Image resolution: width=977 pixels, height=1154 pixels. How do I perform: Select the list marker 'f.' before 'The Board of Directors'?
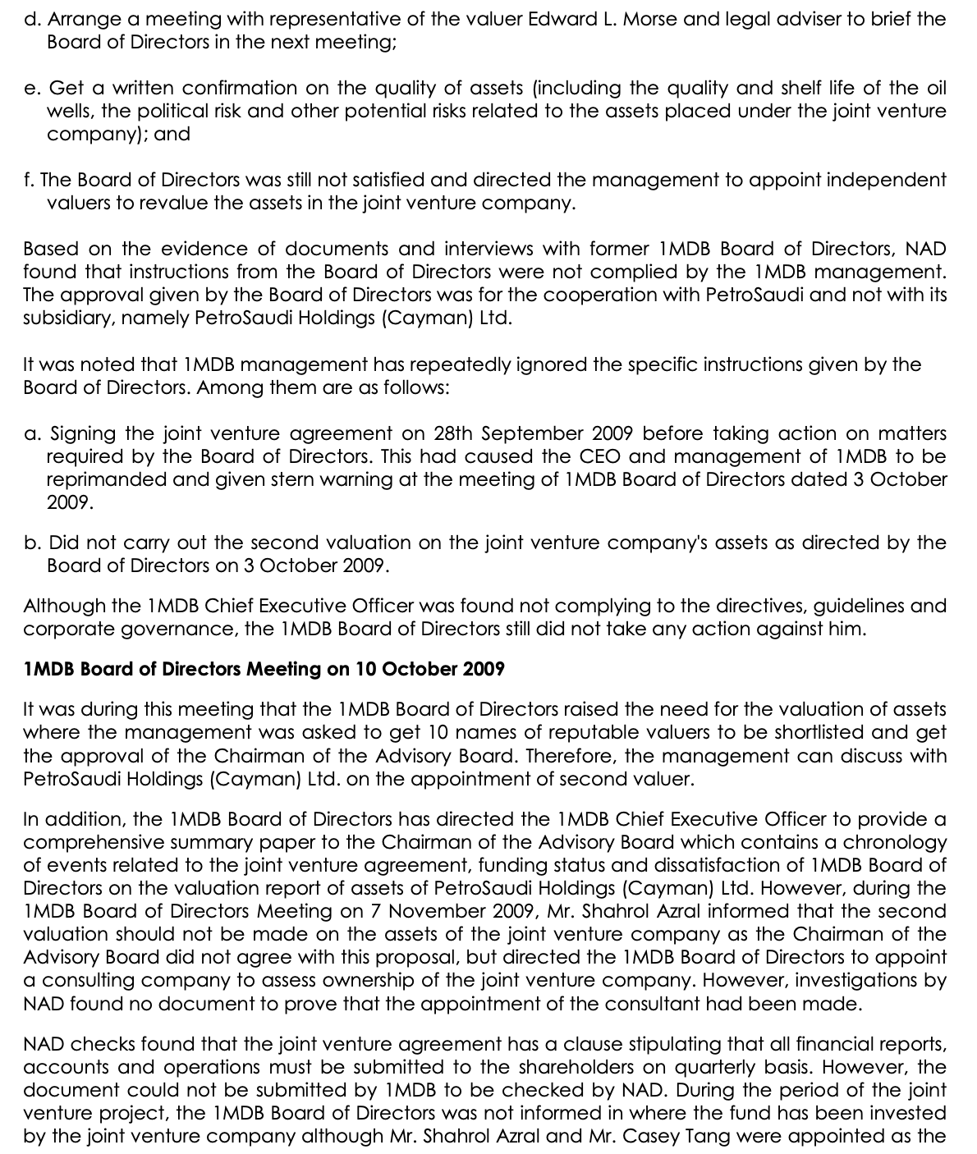[29, 181]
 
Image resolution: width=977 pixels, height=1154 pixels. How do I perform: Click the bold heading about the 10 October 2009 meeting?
[264, 670]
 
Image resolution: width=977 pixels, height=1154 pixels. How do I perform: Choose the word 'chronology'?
[895, 843]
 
